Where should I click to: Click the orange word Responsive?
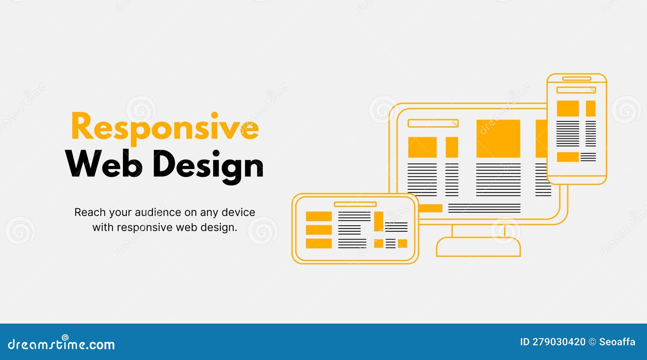165,127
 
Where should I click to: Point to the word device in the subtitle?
238,212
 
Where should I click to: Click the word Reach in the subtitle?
90,212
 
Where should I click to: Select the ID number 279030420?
558,342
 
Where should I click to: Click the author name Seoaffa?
617,342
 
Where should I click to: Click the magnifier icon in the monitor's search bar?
455,123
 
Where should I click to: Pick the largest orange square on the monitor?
498,138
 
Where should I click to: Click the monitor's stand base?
478,247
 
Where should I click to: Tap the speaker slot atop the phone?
577,78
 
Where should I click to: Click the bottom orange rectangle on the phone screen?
568,157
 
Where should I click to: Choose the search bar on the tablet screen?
355,204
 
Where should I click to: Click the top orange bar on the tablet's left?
319,216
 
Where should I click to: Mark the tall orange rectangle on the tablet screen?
378,221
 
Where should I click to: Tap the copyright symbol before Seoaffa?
592,342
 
